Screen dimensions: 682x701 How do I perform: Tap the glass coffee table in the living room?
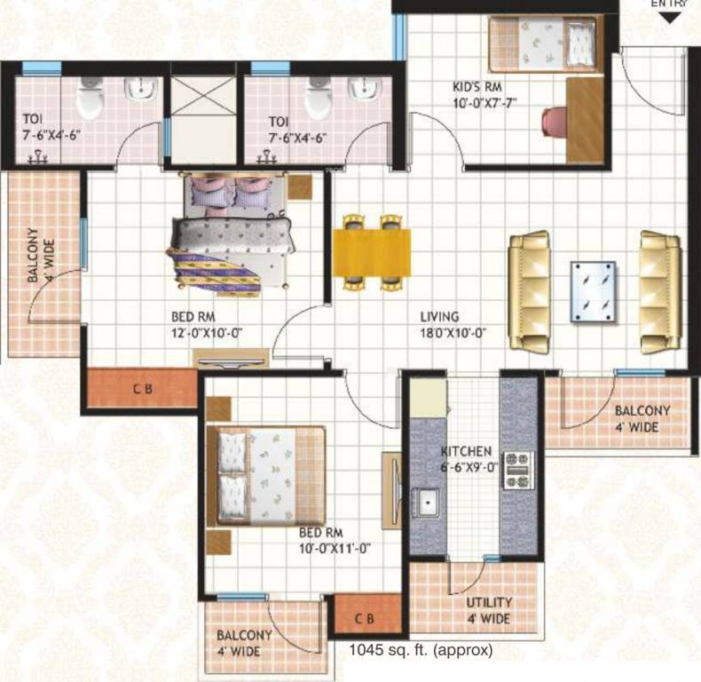pyautogui.click(x=594, y=291)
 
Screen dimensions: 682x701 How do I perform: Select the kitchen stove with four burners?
pyautogui.click(x=517, y=470)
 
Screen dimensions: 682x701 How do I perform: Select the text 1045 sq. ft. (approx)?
pyautogui.click(x=421, y=650)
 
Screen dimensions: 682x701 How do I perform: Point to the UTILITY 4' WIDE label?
pyautogui.click(x=489, y=610)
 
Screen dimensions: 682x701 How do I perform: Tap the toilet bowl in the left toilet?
pyautogui.click(x=90, y=99)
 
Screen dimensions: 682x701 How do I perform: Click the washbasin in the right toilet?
pyautogui.click(x=364, y=90)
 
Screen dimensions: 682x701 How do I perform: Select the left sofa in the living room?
pyautogui.click(x=530, y=291)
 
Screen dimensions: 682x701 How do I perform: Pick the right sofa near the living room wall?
pyautogui.click(x=660, y=291)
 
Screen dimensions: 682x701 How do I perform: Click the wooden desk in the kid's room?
pyautogui.click(x=584, y=120)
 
